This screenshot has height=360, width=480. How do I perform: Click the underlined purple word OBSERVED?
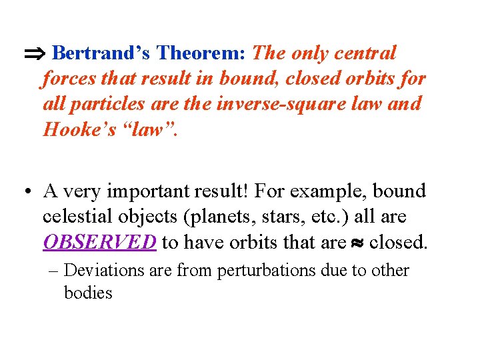(100, 242)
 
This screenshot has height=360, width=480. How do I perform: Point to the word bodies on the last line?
(88, 292)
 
